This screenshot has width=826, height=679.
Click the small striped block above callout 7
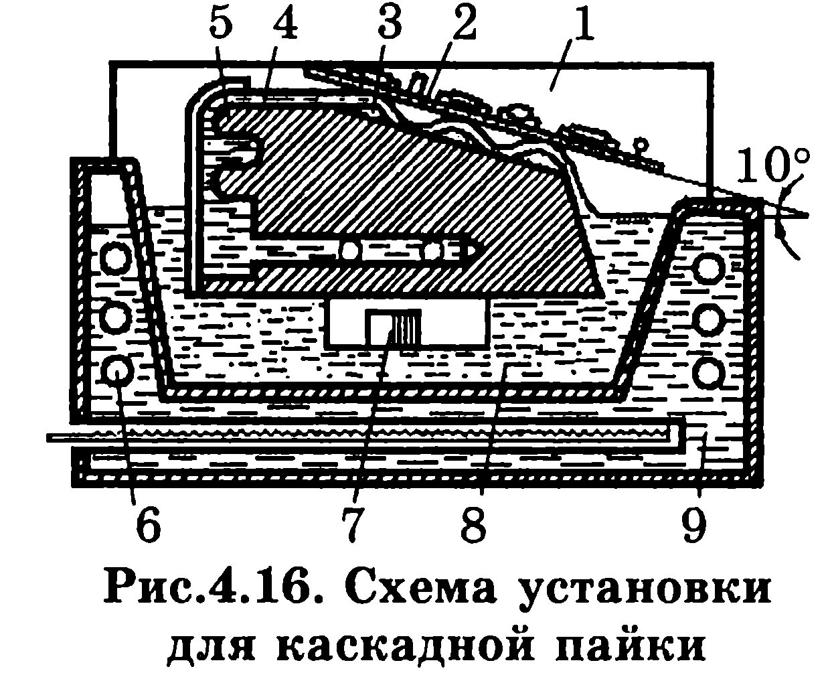pos(393,326)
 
